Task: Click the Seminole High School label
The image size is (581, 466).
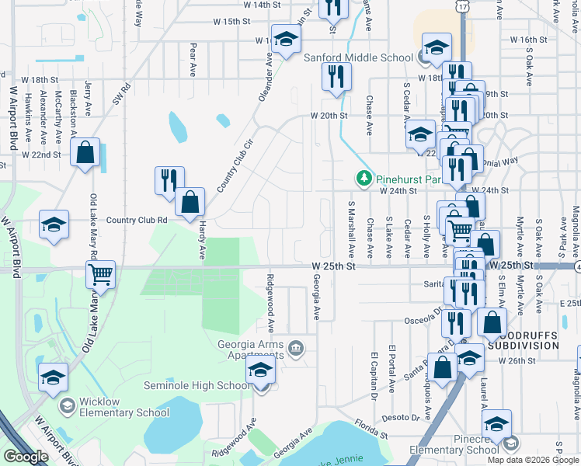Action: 197,386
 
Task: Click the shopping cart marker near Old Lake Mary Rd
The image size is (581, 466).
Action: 101,274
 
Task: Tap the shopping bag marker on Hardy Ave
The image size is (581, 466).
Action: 190,203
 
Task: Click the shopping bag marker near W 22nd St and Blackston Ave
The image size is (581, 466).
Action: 85,152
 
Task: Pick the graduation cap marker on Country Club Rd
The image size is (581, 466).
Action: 54,224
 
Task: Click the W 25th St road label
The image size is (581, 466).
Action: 333,266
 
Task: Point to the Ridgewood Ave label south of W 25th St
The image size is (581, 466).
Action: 270,304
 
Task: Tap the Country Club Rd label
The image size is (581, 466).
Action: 137,220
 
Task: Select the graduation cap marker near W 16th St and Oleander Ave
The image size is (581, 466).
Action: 286,43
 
